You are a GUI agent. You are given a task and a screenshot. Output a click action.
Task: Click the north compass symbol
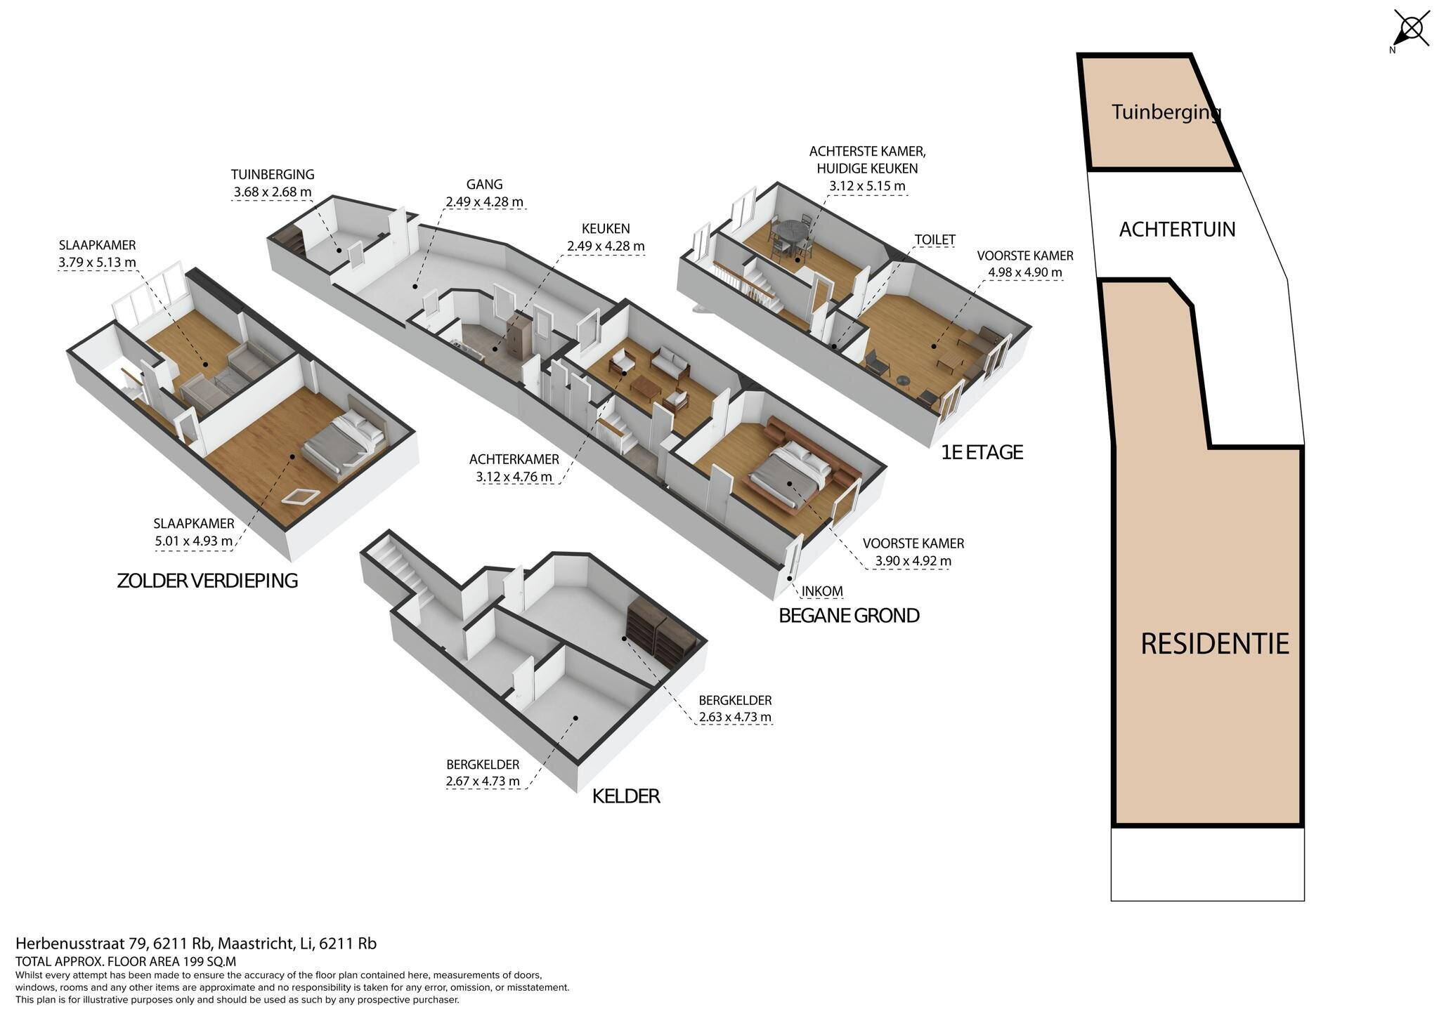(1411, 29)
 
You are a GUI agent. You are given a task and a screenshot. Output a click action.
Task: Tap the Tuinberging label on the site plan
(1166, 112)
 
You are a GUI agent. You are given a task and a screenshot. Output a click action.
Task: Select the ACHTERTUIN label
(1177, 230)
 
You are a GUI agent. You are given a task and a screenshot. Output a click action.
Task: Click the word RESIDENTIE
(1215, 644)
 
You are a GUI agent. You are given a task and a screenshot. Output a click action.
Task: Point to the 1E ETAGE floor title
(982, 452)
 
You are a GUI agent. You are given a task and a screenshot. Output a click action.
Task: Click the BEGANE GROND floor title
(849, 616)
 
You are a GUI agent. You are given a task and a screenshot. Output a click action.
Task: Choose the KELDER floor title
(626, 796)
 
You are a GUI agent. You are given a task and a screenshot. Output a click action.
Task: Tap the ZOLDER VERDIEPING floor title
(207, 581)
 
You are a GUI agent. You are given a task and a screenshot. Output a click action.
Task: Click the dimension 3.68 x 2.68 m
(273, 192)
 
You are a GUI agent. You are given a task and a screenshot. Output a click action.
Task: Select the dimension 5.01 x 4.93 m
(193, 541)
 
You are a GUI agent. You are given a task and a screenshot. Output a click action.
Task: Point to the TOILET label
(935, 240)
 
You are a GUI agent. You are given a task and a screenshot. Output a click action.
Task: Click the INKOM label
(822, 591)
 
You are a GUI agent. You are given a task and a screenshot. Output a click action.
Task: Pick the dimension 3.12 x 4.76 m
(513, 477)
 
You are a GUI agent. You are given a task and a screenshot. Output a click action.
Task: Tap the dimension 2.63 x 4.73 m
(735, 718)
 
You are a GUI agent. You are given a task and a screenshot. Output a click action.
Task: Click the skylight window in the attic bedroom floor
(301, 496)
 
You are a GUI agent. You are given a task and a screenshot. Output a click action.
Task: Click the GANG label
(484, 185)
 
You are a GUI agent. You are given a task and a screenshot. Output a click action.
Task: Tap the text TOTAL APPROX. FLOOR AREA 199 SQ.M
(126, 962)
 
